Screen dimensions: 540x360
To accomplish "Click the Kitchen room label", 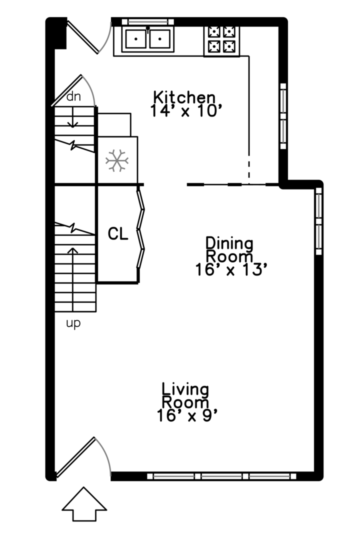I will click(x=184, y=96).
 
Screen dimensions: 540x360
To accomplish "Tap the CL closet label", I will click(x=118, y=233).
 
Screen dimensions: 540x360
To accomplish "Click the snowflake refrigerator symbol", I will click(x=117, y=160).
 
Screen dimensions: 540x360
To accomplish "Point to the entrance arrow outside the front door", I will click(x=84, y=505).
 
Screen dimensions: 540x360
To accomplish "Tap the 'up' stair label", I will click(x=73, y=323).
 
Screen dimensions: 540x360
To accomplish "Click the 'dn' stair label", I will click(x=73, y=96).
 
